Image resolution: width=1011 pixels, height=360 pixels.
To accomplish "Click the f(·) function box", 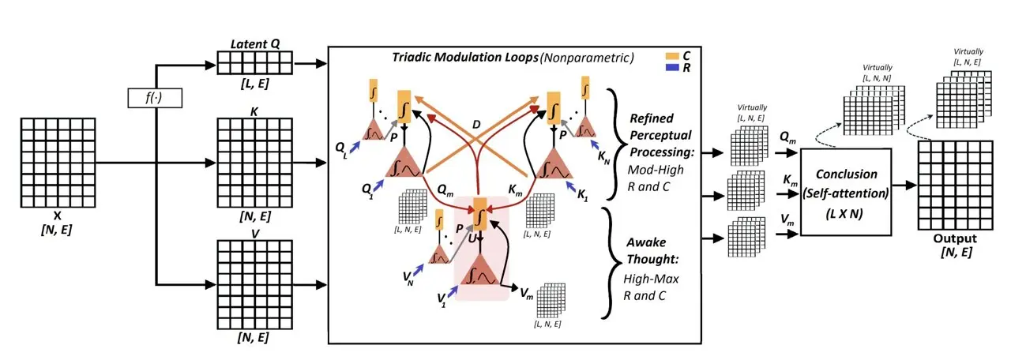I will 155,99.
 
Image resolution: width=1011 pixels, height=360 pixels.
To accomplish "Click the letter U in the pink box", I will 472,236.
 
